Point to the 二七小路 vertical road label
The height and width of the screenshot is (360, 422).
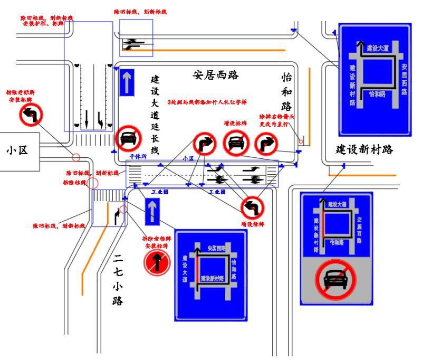tap(118, 280)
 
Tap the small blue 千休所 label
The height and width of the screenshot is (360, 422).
tap(138, 157)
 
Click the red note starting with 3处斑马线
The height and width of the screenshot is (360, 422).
tap(207, 101)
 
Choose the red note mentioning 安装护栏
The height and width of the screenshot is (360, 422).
tap(46, 21)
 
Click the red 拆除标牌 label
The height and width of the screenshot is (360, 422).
tap(72, 183)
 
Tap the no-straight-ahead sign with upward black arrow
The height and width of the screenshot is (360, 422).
tap(158, 263)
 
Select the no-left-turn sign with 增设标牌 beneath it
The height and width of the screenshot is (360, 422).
tap(251, 207)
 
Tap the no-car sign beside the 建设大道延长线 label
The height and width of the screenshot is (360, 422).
tap(128, 139)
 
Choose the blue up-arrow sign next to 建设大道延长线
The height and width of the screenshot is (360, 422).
tap(127, 83)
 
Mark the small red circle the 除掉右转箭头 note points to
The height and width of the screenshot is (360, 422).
tap(301, 141)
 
